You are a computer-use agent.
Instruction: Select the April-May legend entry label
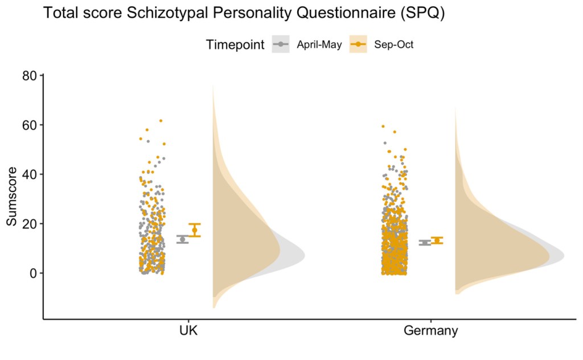pyautogui.click(x=319, y=46)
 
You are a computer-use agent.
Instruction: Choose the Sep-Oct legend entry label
pyautogui.click(x=393, y=46)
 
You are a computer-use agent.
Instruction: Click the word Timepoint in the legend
pyautogui.click(x=235, y=46)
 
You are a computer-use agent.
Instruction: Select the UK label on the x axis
pyautogui.click(x=187, y=331)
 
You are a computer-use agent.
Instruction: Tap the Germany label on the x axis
pyautogui.click(x=430, y=331)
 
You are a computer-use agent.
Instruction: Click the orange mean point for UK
pyautogui.click(x=195, y=230)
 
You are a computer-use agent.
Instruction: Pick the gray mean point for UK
pyautogui.click(x=182, y=239)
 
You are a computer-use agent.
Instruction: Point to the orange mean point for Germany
pyautogui.click(x=437, y=240)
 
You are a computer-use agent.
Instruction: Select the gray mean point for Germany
pyautogui.click(x=425, y=243)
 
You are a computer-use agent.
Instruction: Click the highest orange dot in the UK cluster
pyautogui.click(x=161, y=121)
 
